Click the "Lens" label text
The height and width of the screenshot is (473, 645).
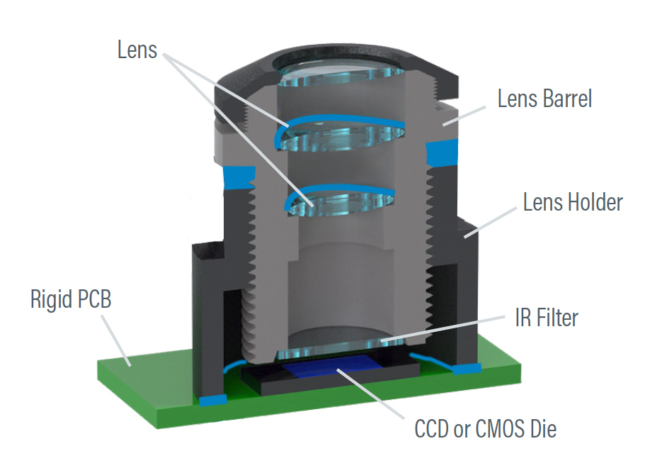tap(137, 50)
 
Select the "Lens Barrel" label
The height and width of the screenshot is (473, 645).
tap(544, 99)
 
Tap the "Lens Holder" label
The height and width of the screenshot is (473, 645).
tap(573, 203)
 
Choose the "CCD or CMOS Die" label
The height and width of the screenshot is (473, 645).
tap(485, 429)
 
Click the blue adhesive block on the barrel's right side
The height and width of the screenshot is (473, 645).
tap(442, 150)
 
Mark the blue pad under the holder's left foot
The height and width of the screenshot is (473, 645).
tap(212, 400)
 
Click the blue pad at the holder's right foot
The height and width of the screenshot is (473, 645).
tap(466, 369)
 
